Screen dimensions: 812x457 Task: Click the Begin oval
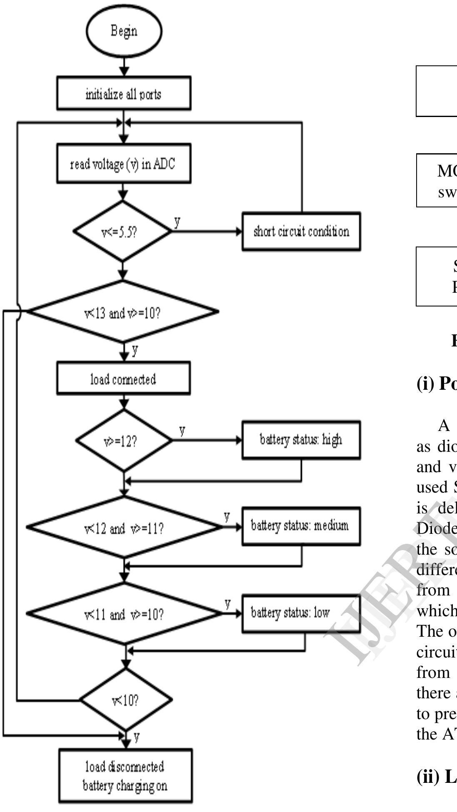pos(124,31)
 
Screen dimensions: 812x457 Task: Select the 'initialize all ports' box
pos(124,93)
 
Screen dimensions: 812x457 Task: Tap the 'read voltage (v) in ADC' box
pos(124,164)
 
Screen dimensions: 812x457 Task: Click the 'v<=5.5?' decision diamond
pos(122,232)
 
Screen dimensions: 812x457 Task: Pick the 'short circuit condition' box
pos(301,232)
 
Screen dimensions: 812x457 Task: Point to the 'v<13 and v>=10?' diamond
pos(122,312)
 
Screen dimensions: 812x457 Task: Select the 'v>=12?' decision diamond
pos(124,441)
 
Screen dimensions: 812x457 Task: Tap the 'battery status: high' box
pos(301,440)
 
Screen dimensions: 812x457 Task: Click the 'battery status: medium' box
pos(301,526)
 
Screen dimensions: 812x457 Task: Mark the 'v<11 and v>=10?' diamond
pos(124,614)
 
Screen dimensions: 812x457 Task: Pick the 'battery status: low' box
pos(301,613)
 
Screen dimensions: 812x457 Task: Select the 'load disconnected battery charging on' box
pos(125,775)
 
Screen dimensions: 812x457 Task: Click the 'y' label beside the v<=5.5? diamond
pos(177,222)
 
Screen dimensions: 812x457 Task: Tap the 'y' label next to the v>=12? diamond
pos(182,431)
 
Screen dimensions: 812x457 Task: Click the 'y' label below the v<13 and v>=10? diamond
pos(135,351)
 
